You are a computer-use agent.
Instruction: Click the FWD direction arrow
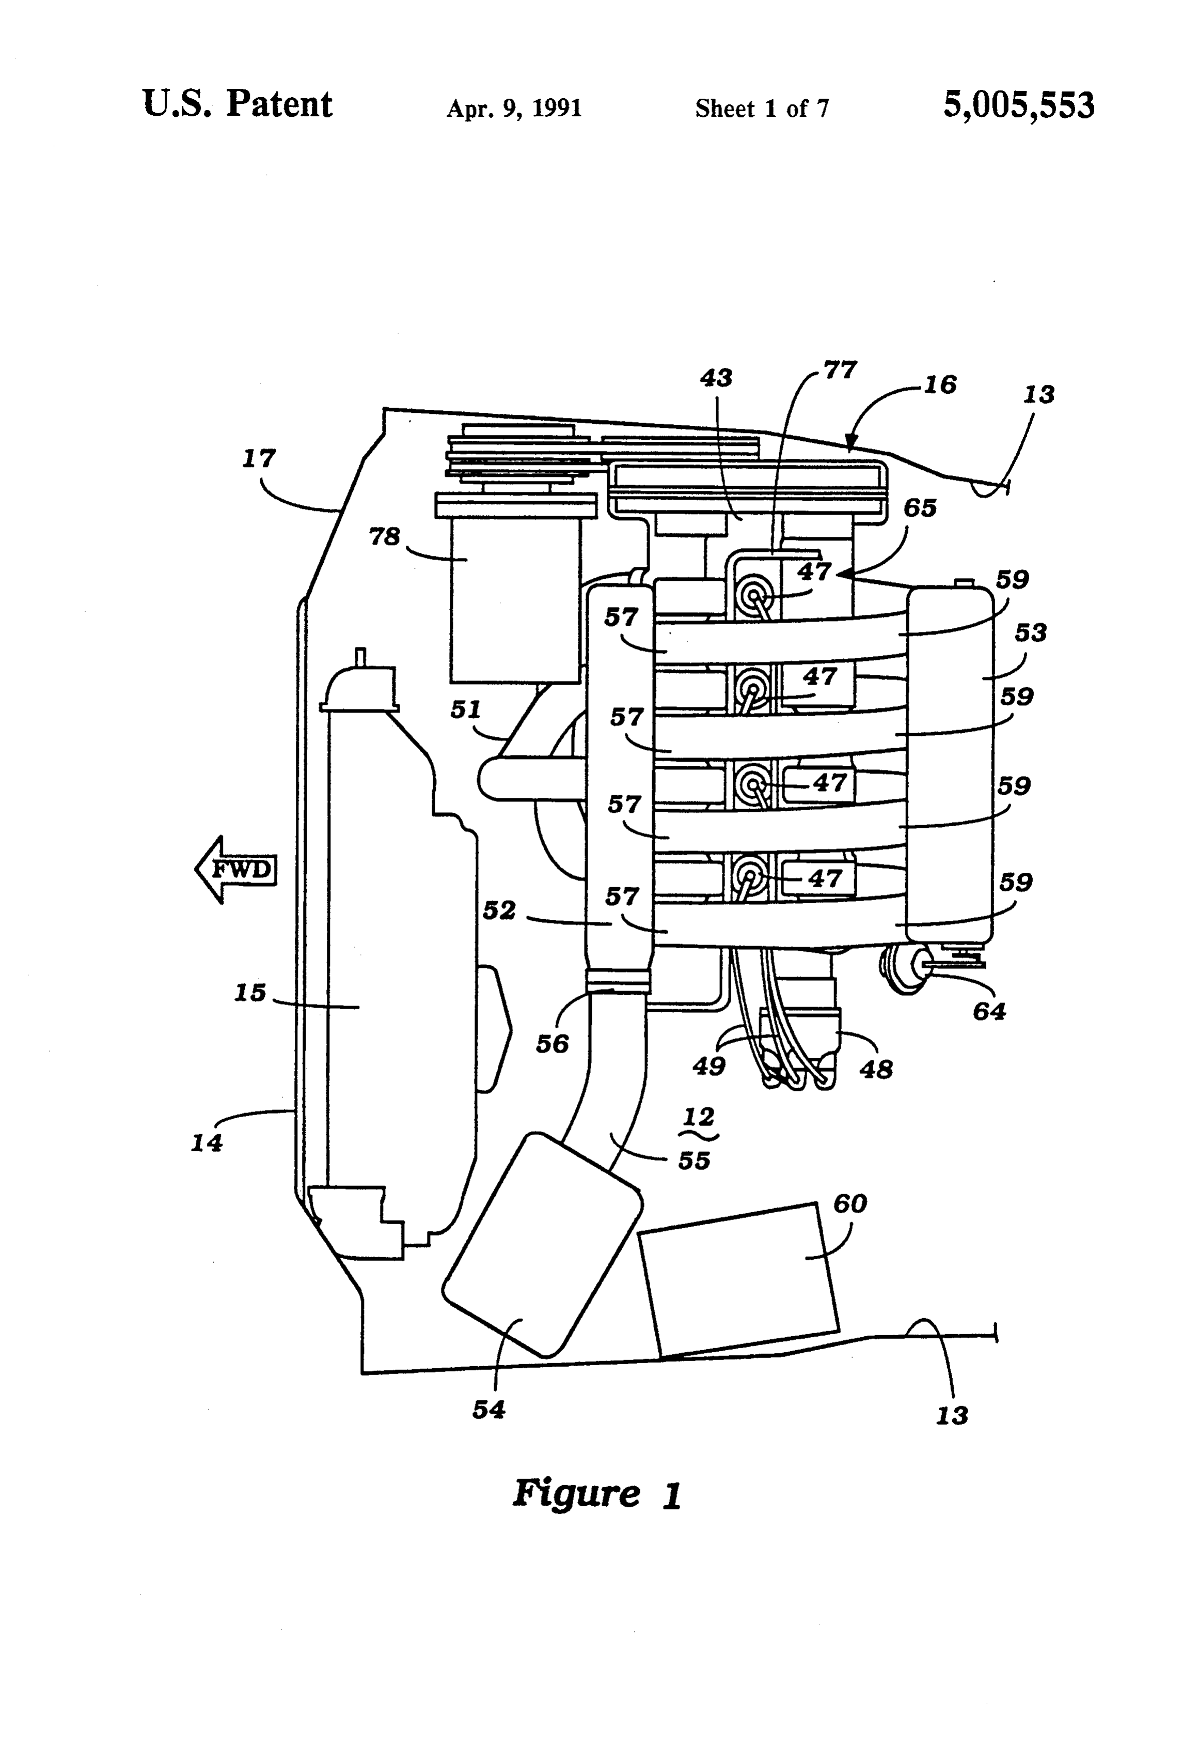pyautogui.click(x=235, y=869)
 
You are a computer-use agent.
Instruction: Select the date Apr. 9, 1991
pyautogui.click(x=514, y=109)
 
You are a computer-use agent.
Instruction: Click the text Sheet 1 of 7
pyautogui.click(x=762, y=109)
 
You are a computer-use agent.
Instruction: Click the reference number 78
pyautogui.click(x=384, y=536)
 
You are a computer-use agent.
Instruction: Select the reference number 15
pyautogui.click(x=250, y=992)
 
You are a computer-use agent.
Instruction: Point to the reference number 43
pyautogui.click(x=716, y=377)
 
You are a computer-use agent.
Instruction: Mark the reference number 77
pyautogui.click(x=839, y=370)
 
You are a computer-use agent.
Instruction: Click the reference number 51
pyautogui.click(x=466, y=709)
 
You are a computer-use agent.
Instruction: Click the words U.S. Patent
pyautogui.click(x=237, y=104)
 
